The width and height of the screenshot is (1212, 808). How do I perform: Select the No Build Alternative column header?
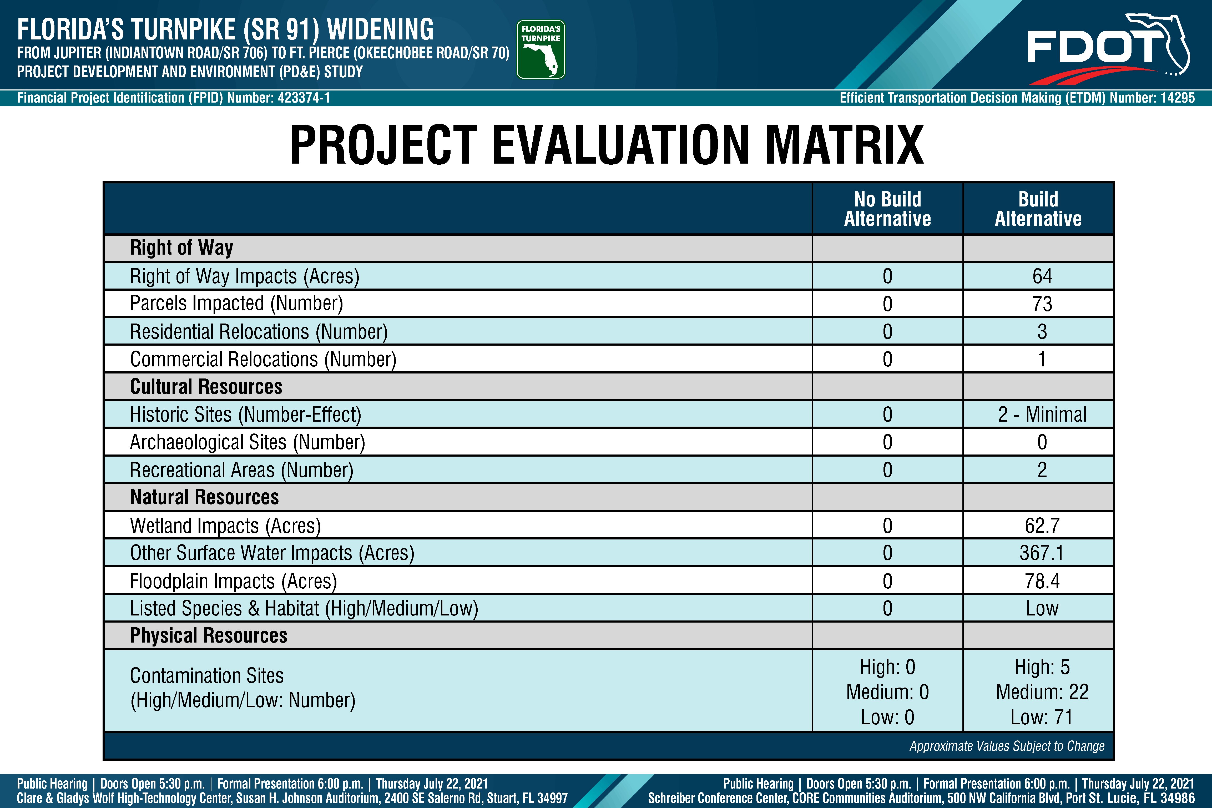tap(887, 209)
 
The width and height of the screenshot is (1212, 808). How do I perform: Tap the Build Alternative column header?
tap(1038, 209)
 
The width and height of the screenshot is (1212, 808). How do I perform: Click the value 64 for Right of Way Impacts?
tap(1042, 276)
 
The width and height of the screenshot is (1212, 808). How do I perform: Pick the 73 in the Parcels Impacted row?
tap(1042, 304)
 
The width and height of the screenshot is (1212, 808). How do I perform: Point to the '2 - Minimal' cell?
tap(1042, 414)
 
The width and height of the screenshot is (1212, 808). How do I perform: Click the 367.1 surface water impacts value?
tap(1042, 553)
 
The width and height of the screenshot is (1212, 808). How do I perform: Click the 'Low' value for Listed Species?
tap(1042, 609)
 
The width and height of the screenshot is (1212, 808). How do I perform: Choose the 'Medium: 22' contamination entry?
tap(1042, 692)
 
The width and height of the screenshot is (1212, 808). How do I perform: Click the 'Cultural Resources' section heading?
tap(206, 386)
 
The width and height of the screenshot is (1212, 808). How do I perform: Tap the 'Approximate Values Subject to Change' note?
tap(1007, 746)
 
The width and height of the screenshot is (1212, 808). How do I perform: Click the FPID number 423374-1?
tap(304, 98)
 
